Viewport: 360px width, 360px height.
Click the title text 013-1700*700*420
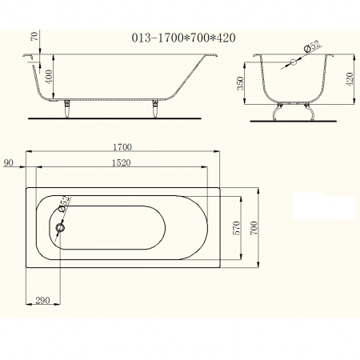pos(183,38)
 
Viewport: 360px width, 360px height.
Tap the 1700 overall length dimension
pos(122,147)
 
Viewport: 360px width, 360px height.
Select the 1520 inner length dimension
pos(121,162)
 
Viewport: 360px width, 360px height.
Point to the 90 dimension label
pos(8,162)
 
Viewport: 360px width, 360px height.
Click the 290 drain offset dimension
pos(42,301)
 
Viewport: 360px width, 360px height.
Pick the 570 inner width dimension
pos(237,228)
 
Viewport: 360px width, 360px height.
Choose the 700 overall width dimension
pos(254,228)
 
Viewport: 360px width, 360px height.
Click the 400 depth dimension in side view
pos(49,77)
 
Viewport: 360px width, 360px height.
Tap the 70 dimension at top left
pos(34,36)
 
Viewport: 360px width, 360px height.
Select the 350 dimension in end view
pos(240,83)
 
